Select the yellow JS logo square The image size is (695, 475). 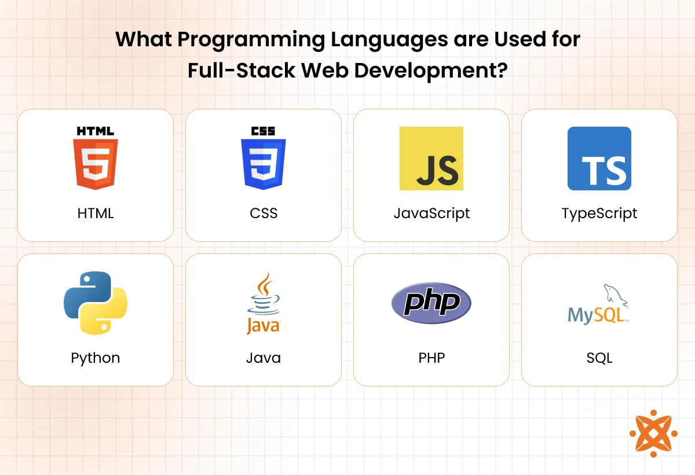[x=431, y=159]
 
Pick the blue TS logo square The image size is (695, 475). [x=599, y=159]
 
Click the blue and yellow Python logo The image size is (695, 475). [x=96, y=303]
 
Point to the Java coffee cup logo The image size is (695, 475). [x=264, y=303]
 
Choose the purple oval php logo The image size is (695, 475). [x=431, y=303]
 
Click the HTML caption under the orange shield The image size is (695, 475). [x=96, y=213]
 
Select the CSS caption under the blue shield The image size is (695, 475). [x=264, y=213]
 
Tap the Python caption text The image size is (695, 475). [x=96, y=359]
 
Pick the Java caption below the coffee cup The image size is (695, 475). [x=264, y=358]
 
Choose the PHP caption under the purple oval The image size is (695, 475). [x=431, y=358]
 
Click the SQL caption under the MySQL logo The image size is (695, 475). [x=599, y=358]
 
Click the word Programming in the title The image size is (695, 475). [x=251, y=40]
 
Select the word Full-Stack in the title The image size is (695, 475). [x=242, y=71]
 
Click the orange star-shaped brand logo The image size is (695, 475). [x=653, y=434]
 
